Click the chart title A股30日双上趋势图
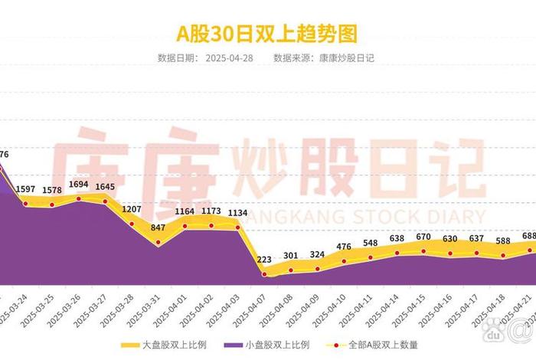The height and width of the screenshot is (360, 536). tap(267, 33)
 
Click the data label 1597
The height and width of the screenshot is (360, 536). tap(25, 188)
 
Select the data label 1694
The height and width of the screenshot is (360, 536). tap(79, 185)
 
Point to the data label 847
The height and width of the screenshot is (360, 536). tap(159, 228)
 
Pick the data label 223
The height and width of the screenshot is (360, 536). tap(265, 260)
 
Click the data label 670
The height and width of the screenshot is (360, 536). tap(423, 237)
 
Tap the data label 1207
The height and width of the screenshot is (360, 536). tap(132, 209)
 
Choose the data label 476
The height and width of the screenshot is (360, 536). tap(344, 247)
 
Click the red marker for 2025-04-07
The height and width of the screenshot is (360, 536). tap(265, 274)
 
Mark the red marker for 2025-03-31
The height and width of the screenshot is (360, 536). tap(159, 243)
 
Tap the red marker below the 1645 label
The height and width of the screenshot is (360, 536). tap(106, 201)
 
